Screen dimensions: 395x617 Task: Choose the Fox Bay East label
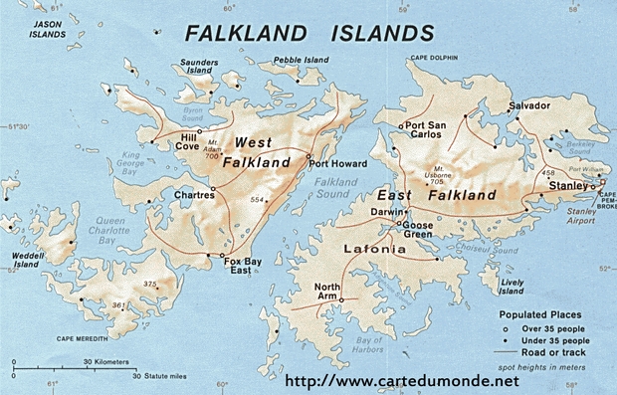point(243,266)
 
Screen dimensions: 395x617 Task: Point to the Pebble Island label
point(300,61)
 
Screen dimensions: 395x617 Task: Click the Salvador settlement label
point(528,105)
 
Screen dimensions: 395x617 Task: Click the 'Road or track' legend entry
point(551,352)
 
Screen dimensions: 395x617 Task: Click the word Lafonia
point(373,249)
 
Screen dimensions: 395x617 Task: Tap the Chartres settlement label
point(194,196)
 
